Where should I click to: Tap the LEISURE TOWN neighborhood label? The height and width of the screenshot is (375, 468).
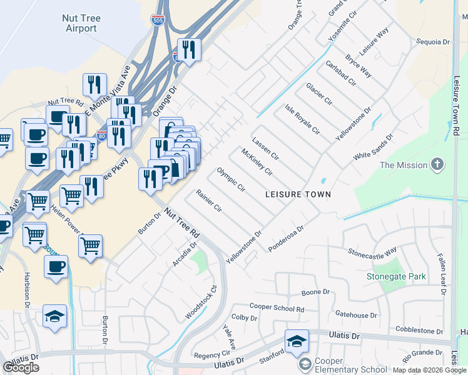pyautogui.click(x=298, y=194)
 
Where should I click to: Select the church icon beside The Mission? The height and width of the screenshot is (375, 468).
pyautogui.click(x=437, y=165)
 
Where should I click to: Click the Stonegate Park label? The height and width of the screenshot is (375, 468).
pyautogui.click(x=396, y=276)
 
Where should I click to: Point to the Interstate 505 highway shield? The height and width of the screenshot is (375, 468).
pyautogui.click(x=158, y=21)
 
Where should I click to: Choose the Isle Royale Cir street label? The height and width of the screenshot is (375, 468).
pyautogui.click(x=302, y=120)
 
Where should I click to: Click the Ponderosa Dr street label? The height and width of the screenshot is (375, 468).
pyautogui.click(x=286, y=239)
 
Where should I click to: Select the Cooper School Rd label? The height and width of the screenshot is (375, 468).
pyautogui.click(x=277, y=307)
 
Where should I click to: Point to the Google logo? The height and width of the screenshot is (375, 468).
pyautogui.click(x=21, y=367)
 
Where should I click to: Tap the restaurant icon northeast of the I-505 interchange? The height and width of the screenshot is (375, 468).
pyautogui.click(x=188, y=49)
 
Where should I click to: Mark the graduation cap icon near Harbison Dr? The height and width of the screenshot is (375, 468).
pyautogui.click(x=54, y=316)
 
